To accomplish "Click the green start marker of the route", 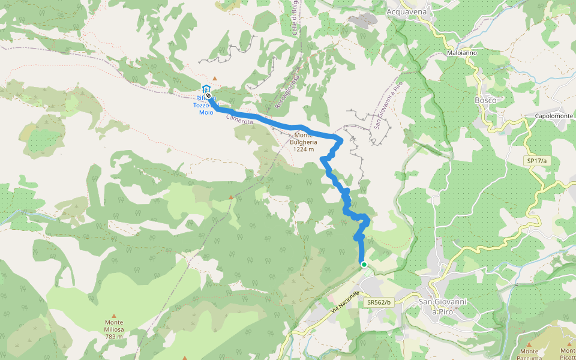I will [364, 264].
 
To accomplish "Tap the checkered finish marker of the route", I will [208, 95].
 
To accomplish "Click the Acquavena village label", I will [406, 11].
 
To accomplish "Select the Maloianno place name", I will [462, 53].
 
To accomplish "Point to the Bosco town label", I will [485, 100].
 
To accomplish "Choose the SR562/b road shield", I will [379, 303].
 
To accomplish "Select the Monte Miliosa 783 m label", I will [114, 329].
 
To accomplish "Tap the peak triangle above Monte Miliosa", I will [114, 314].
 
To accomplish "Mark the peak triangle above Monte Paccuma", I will [529, 343].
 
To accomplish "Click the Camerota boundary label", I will [240, 121].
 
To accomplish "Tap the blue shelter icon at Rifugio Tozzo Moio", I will [206, 88].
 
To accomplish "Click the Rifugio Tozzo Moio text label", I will [202, 105].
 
